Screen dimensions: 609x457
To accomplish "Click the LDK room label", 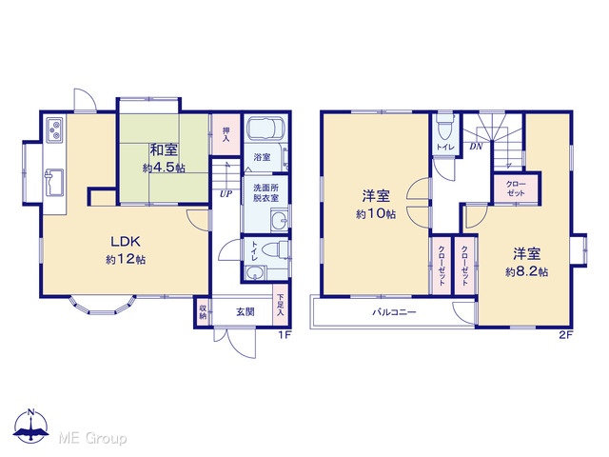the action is point(126,242).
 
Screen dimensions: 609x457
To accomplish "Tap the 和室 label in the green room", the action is point(164,150).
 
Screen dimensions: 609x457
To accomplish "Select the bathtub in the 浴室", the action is point(266,128).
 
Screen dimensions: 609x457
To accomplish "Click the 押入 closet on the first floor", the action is point(226,134).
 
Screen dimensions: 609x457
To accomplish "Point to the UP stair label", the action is point(226,193).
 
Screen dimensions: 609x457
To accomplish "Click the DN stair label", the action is point(476,147).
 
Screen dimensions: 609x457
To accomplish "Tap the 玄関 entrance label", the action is point(246,311).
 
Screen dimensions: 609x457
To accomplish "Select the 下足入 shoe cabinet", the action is point(281,305).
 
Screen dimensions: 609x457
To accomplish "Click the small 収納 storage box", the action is point(203,312).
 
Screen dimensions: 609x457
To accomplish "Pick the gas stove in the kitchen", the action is point(55,129).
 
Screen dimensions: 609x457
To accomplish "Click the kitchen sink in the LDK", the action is point(55,183).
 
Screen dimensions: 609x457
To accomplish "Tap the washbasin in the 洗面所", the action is point(280,221).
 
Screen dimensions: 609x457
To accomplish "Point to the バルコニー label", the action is point(394,312).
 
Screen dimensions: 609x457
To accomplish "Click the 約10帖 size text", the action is point(376,213).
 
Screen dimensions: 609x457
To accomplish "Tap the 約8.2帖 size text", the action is point(526,271).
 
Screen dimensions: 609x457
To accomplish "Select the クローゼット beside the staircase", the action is point(516,189).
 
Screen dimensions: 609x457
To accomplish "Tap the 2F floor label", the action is point(566,335).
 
